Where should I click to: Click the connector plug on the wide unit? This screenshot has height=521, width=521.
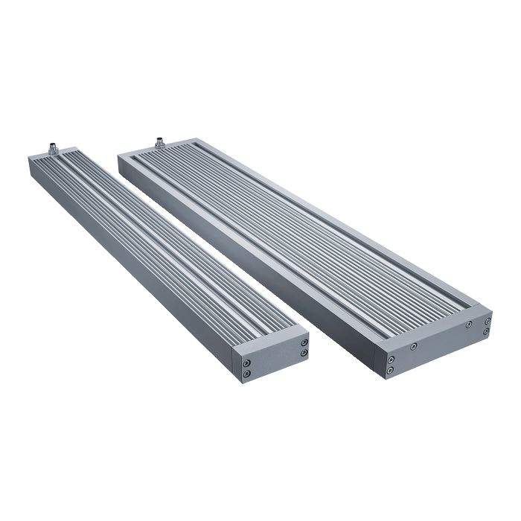coord(158,141)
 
